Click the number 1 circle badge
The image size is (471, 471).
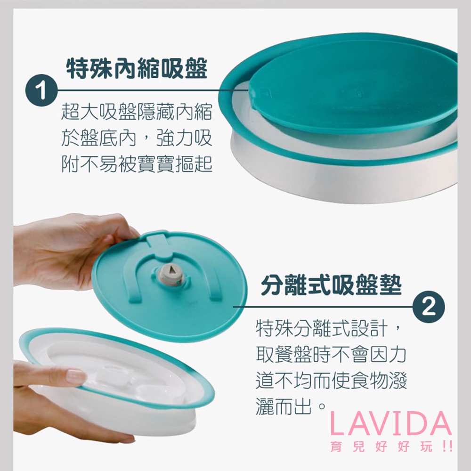click(x=41, y=90)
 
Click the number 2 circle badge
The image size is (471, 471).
click(x=429, y=307)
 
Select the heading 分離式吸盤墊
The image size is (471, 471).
click(x=331, y=284)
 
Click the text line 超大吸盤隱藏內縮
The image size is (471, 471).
click(x=137, y=112)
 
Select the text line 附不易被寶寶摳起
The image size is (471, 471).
click(x=137, y=164)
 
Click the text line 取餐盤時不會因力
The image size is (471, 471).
click(x=331, y=355)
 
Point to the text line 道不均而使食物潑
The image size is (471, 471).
click(x=331, y=380)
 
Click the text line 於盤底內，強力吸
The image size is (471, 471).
click(x=137, y=138)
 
